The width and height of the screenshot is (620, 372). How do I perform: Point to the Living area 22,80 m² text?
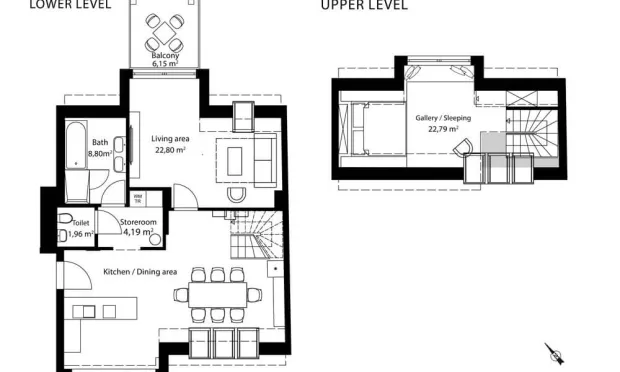point(171,144)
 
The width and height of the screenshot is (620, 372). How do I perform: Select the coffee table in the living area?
point(237,159)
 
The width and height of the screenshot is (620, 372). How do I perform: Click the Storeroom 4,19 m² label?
point(137,227)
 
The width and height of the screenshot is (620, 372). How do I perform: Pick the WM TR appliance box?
point(139,198)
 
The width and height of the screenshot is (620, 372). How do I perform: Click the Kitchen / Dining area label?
point(140,271)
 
